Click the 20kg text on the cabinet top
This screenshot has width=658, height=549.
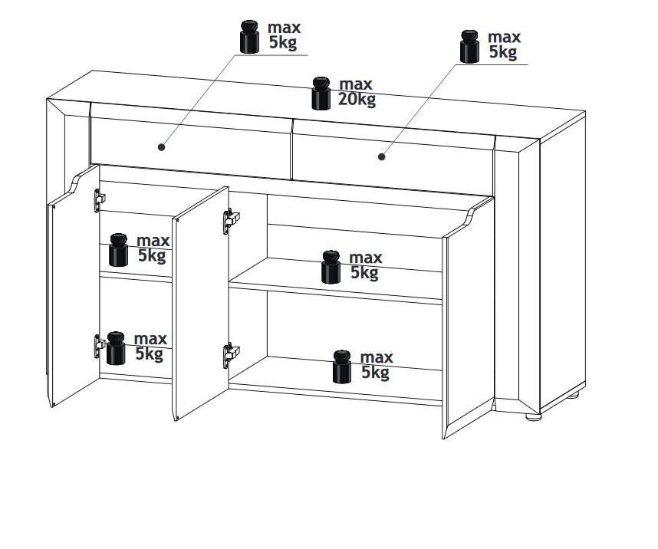click(357, 100)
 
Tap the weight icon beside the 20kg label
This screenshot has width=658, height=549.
click(321, 94)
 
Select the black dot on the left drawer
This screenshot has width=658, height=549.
click(162, 147)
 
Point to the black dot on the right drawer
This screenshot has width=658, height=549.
click(381, 156)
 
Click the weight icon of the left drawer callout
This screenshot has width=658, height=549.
click(250, 37)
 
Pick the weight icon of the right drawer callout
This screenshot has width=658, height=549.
click(469, 47)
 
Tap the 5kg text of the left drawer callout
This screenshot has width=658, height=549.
click(283, 43)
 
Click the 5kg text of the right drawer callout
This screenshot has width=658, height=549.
click(503, 52)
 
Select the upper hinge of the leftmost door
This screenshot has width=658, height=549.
click(100, 200)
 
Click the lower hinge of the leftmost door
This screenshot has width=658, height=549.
click(100, 346)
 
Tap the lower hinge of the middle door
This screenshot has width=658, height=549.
click(231, 357)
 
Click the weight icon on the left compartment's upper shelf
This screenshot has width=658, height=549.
click(118, 250)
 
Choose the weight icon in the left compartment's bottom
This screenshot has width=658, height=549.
click(116, 348)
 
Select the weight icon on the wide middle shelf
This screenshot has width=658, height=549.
click(331, 267)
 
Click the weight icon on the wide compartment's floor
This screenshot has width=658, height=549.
click(342, 367)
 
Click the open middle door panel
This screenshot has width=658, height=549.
click(201, 303)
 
